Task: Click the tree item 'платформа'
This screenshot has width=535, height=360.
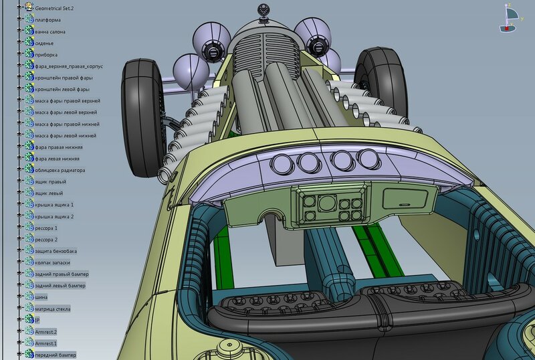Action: coord(47,20)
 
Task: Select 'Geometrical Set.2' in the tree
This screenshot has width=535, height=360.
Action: coord(54,8)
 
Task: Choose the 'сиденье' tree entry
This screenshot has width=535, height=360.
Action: coord(44,43)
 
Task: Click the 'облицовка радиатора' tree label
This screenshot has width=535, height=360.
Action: coord(60,171)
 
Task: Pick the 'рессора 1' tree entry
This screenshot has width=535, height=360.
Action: coord(46,228)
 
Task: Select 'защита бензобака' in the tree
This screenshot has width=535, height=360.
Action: coord(56,252)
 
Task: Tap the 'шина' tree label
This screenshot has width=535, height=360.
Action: coord(41,297)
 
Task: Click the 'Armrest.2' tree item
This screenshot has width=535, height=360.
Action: coord(45,332)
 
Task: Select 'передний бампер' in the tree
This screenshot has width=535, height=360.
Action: coord(56,355)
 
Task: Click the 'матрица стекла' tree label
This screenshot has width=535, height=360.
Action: coord(53,309)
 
